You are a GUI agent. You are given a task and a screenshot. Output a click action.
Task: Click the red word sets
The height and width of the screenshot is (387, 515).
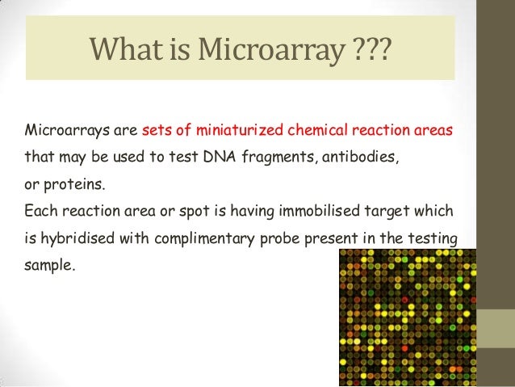(x=156, y=129)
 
